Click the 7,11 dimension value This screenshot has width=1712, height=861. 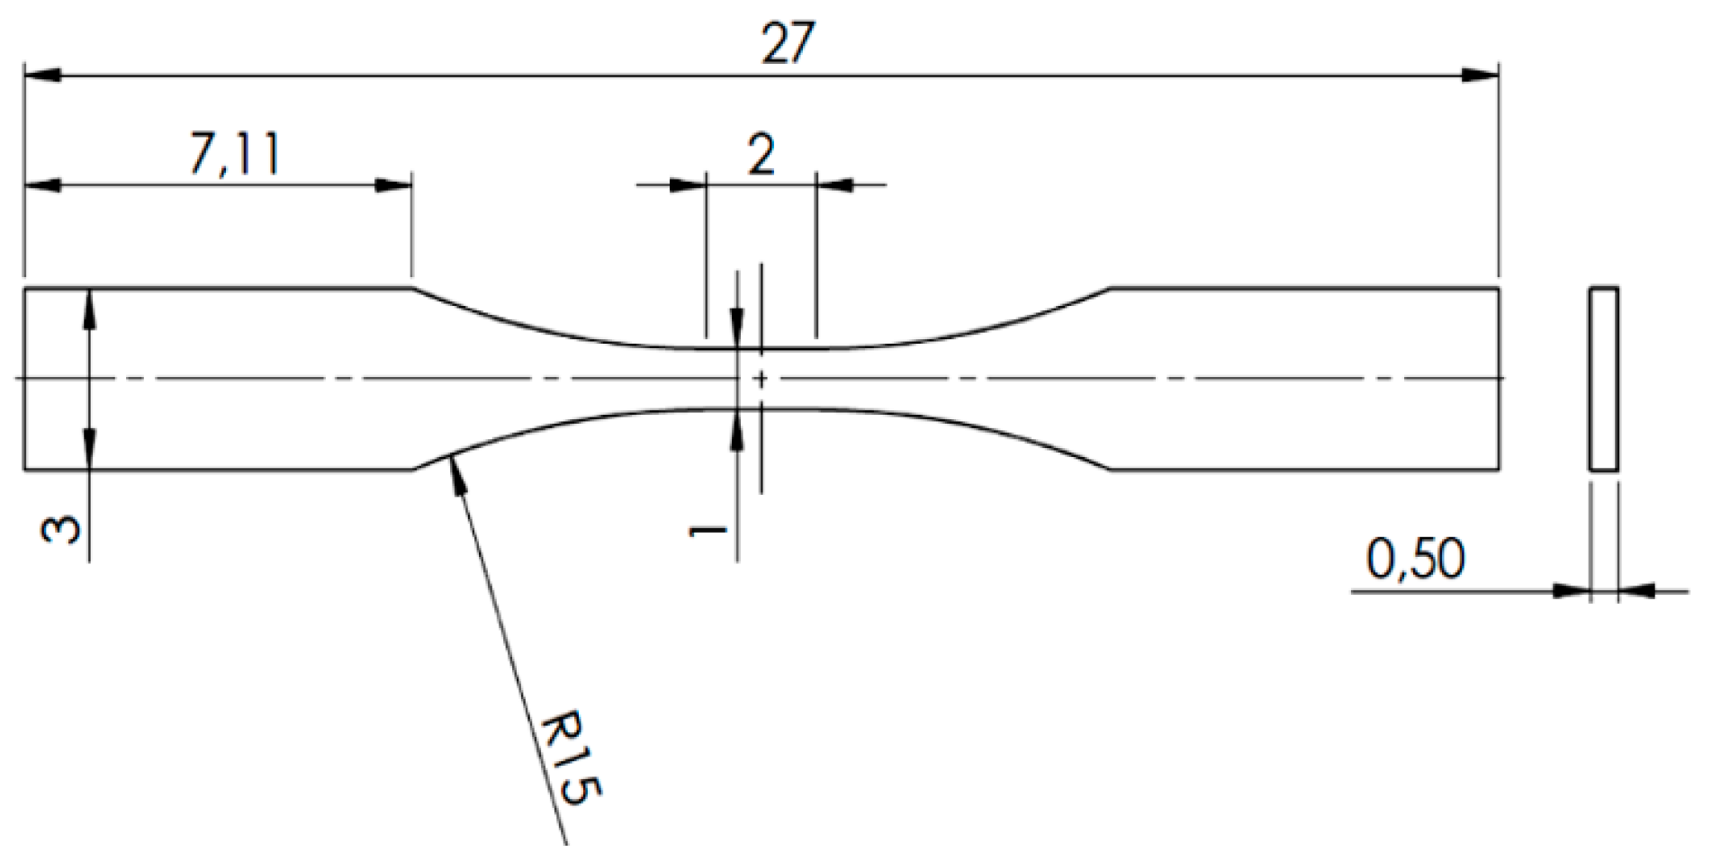coord(235,156)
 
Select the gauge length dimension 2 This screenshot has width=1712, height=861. coord(761,156)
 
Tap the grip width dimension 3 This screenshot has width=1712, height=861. coord(61,530)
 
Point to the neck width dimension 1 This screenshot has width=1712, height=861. coord(707,533)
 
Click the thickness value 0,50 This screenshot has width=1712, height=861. coord(1415,559)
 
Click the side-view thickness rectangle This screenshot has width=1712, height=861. coord(1603,379)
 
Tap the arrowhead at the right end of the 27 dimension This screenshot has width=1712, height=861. coord(1480,76)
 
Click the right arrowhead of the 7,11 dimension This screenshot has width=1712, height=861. coord(394,185)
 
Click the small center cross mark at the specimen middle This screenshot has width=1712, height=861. coord(761,379)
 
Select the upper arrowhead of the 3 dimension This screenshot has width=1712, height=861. coord(89,306)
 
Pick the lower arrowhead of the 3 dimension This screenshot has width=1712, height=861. coord(89,451)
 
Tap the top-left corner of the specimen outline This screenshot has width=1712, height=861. coord(24,289)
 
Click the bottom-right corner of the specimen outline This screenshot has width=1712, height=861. coord(1499,469)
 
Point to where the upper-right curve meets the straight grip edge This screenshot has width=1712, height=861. coord(1110,289)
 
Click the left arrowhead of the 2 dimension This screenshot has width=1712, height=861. coord(688,185)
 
